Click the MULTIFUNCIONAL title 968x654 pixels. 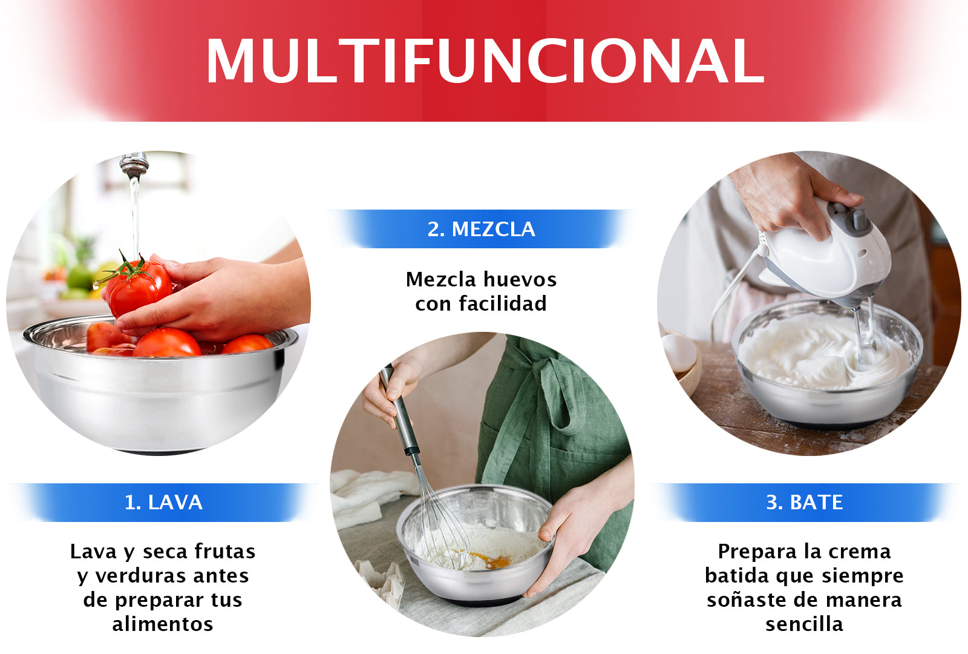pyautogui.click(x=484, y=61)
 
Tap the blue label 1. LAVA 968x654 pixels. pyautogui.click(x=163, y=502)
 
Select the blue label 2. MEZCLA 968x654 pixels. pyautogui.click(x=481, y=229)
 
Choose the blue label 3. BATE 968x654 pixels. pyautogui.click(x=804, y=502)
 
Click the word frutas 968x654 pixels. pyautogui.click(x=225, y=551)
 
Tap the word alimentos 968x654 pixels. pyautogui.click(x=163, y=624)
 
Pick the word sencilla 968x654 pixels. pyautogui.click(x=804, y=624)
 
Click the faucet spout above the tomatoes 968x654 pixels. pyautogui.click(x=134, y=164)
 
